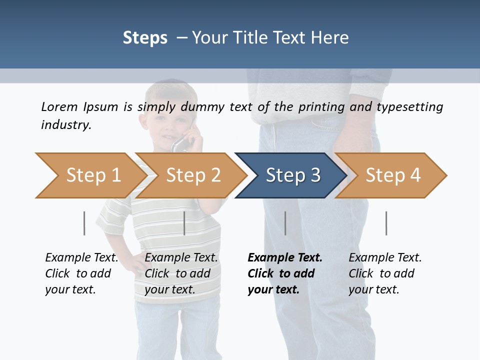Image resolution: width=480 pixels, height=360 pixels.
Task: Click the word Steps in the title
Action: (145, 37)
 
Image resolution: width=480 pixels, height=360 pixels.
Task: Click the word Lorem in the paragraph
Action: (59, 106)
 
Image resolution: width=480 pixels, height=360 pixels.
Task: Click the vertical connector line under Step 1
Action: (84, 223)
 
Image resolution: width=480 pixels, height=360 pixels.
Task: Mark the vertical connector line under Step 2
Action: (184, 223)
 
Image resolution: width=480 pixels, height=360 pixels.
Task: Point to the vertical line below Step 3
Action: (285, 223)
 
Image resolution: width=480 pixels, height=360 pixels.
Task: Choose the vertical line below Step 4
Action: (386, 223)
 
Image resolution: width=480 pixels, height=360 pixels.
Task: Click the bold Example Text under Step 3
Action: (285, 257)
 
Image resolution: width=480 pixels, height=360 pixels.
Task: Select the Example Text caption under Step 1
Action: (81, 257)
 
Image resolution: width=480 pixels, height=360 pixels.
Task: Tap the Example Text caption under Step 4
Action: (385, 257)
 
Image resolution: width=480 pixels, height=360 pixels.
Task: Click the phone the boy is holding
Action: (182, 143)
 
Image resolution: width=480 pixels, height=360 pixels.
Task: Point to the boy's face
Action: (167, 122)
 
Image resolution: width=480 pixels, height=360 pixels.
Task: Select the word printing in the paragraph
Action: (321, 107)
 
